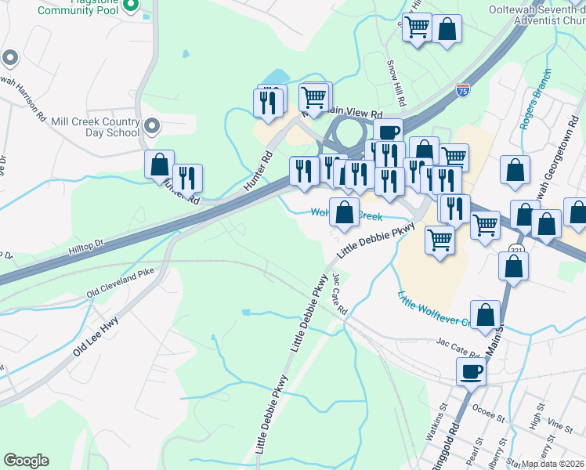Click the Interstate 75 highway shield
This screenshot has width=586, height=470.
click(463, 90)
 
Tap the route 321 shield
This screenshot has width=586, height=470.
click(516, 249)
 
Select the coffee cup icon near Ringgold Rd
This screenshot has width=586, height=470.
click(471, 371)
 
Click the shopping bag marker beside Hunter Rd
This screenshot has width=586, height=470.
click(159, 164)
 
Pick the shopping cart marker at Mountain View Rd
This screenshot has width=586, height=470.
click(313, 97)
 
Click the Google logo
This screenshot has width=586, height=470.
click(26, 461)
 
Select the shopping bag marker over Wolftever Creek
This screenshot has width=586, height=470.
click(344, 211)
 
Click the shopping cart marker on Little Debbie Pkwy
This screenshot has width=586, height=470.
click(440, 239)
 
